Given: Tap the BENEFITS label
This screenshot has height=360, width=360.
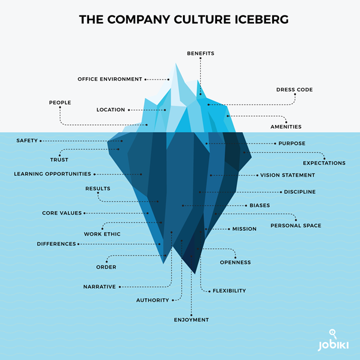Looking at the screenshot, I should click(200, 53).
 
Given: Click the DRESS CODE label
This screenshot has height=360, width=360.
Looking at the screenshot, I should click(294, 90).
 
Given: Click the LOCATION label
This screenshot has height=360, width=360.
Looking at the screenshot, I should click(111, 110).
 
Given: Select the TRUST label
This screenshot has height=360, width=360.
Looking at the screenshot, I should click(59, 160).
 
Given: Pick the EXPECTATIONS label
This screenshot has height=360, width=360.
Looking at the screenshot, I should click(324, 163).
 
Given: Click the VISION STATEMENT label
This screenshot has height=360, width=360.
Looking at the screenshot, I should click(287, 175).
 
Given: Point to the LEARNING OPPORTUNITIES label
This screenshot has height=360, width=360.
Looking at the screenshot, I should click(53, 174).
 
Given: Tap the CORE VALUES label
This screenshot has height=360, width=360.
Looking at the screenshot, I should click(62, 213).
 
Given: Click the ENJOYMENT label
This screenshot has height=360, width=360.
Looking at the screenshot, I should click(191, 320).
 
